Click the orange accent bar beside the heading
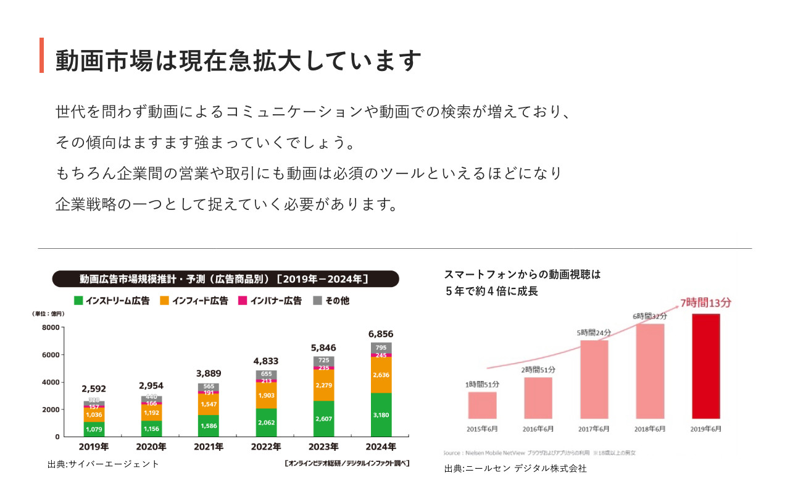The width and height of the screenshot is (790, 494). [41, 56]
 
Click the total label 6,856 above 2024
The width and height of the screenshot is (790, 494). [381, 334]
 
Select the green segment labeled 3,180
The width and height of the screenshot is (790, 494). [381, 414]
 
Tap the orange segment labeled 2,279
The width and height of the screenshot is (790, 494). [323, 385]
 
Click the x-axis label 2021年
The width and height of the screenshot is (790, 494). [209, 446]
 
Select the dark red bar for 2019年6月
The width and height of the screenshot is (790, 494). [706, 366]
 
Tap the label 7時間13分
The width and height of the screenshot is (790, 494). [705, 303]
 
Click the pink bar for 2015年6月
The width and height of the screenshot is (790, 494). [482, 405]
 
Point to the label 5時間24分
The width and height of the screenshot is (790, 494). [594, 333]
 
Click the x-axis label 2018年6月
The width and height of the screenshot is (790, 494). [650, 429]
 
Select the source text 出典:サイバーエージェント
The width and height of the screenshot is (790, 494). [103, 464]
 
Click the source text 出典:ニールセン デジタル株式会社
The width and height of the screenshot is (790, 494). [515, 469]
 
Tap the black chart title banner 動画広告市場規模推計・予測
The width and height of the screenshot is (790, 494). [225, 279]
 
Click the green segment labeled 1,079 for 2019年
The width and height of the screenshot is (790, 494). [94, 429]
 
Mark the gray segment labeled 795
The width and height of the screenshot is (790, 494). [381, 348]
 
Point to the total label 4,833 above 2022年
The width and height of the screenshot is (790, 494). [266, 361]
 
